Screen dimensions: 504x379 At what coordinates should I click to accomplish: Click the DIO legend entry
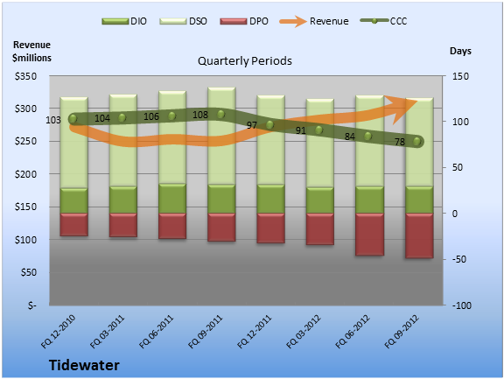[124, 21]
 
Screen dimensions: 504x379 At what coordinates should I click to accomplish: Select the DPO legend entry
[244, 21]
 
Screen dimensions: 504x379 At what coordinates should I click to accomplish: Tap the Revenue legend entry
[314, 21]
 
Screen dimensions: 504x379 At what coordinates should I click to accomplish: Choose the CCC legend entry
[384, 21]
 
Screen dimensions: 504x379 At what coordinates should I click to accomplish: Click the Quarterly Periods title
[245, 60]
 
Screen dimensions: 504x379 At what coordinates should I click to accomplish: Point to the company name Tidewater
[84, 366]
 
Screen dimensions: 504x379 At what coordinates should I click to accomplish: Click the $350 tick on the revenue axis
[25, 76]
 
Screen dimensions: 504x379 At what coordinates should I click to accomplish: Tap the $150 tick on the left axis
[25, 207]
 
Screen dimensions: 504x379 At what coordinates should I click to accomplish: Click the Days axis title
[460, 51]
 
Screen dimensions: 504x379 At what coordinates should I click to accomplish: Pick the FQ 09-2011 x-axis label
[205, 332]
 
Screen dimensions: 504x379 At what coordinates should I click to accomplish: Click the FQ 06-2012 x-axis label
[353, 332]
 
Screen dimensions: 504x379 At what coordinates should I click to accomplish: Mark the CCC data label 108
[200, 115]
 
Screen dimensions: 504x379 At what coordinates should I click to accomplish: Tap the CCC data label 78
[400, 142]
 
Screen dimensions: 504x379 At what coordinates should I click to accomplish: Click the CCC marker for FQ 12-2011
[270, 124]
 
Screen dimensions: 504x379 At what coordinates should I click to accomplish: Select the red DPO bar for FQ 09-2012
[419, 235]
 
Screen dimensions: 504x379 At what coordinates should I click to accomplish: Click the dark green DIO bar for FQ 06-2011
[172, 199]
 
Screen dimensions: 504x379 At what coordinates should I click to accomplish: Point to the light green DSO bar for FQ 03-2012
[320, 143]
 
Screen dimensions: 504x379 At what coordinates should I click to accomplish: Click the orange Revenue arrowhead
[401, 108]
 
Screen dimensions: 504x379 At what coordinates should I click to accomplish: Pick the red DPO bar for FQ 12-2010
[73, 225]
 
